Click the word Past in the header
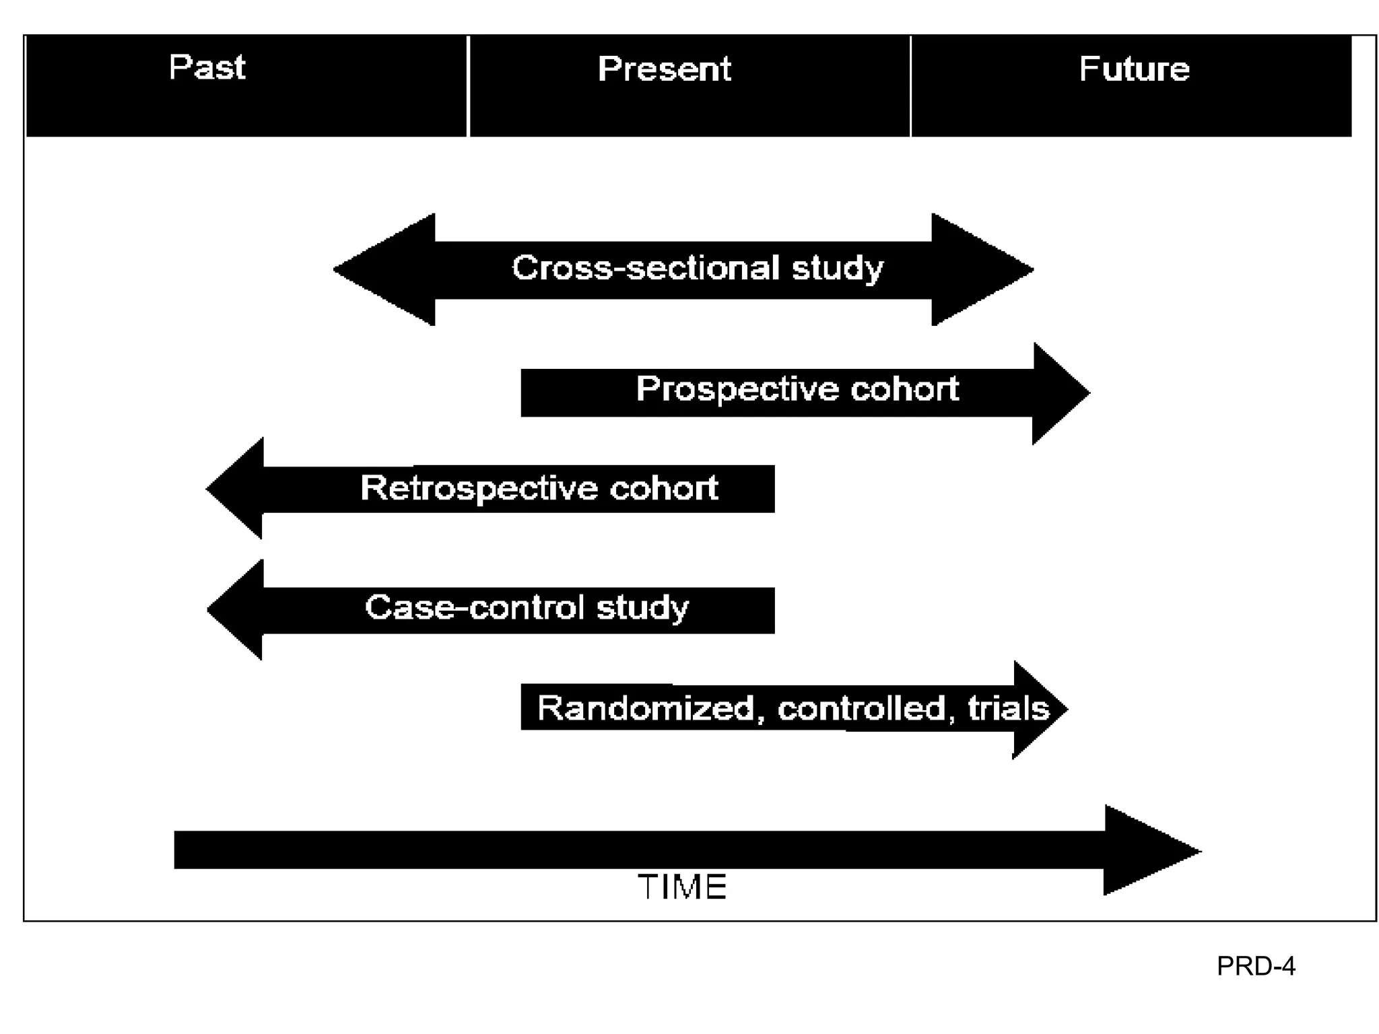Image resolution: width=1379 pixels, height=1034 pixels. click(x=207, y=67)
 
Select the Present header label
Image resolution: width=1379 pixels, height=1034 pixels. click(x=664, y=69)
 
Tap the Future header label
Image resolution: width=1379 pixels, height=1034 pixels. click(x=1134, y=69)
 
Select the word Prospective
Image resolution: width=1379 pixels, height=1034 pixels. click(x=737, y=389)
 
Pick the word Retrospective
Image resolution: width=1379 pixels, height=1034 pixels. click(x=479, y=488)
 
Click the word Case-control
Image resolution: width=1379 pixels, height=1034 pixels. click(x=475, y=607)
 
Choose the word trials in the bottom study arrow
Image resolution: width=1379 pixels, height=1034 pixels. click(x=1008, y=708)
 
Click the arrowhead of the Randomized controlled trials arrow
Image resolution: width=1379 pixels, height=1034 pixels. click(x=1040, y=710)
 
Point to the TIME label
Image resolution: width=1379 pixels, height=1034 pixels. click(x=682, y=887)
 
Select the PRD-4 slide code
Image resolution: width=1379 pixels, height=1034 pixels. click(x=1255, y=967)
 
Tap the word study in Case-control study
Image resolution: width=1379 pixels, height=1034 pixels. click(x=642, y=607)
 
